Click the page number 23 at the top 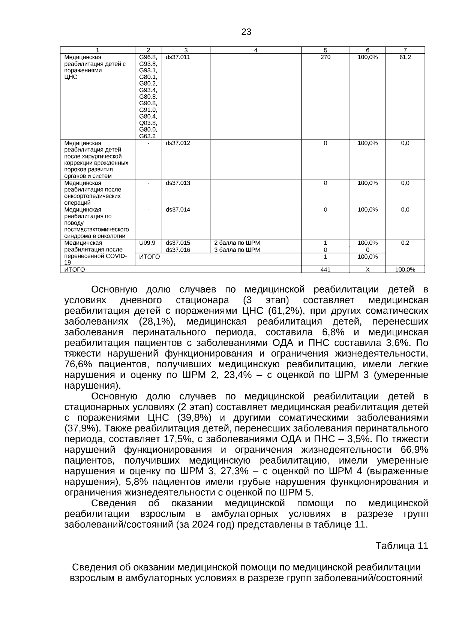[x=246, y=32]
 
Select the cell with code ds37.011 [x=178, y=57]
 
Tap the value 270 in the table [x=325, y=57]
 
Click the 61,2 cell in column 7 [x=405, y=57]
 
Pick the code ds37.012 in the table [x=178, y=143]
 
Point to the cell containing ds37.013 [x=178, y=183]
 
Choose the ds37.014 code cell [x=178, y=210]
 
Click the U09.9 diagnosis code [x=147, y=243]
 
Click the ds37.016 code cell [x=178, y=250]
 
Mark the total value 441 [x=325, y=269]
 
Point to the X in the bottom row [x=367, y=269]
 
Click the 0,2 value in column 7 [x=405, y=243]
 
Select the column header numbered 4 [x=255, y=50]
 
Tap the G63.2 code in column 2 [x=147, y=136]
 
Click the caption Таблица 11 [x=402, y=546]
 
